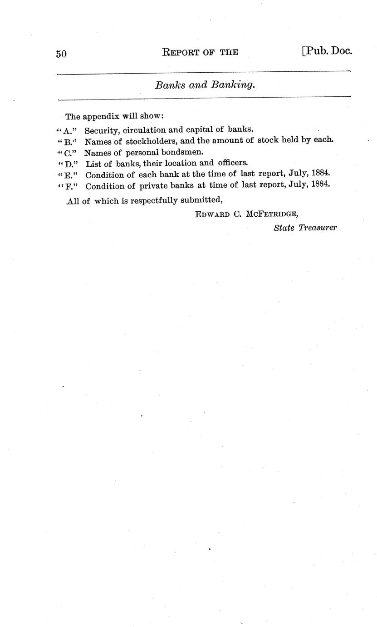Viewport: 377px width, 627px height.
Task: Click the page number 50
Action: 61,54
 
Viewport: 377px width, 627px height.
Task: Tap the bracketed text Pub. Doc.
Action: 327,51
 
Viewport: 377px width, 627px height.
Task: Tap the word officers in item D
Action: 233,163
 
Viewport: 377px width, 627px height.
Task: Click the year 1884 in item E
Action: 321,174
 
